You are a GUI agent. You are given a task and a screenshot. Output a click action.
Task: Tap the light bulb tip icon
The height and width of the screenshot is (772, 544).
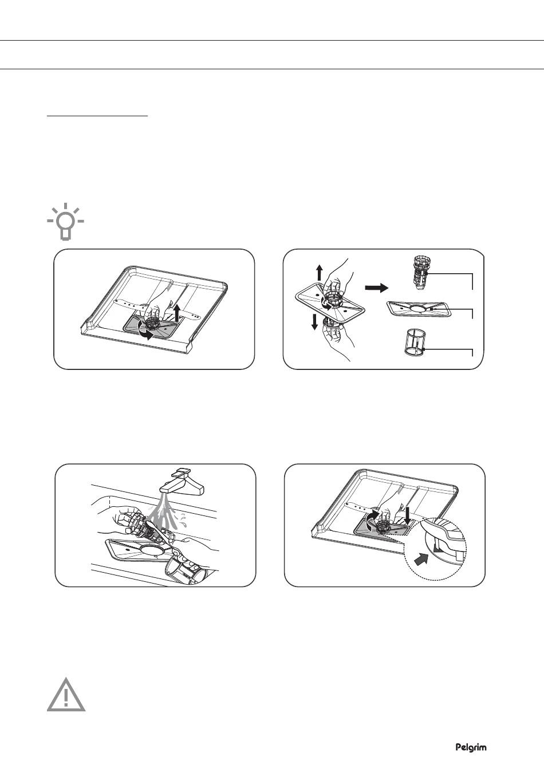coord(65,221)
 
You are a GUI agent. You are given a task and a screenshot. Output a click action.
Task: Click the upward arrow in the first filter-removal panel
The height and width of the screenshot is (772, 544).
coord(177,313)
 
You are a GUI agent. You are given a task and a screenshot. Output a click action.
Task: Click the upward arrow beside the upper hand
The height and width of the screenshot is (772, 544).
coord(320,272)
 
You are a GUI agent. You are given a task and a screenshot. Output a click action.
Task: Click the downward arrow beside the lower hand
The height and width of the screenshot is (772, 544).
coord(314,321)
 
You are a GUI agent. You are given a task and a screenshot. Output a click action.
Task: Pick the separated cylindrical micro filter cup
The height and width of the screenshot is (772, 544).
coord(415,342)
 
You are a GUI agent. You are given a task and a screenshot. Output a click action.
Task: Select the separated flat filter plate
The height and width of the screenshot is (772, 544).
coord(417,308)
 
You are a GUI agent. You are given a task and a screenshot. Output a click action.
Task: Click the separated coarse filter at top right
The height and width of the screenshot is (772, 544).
coord(420,274)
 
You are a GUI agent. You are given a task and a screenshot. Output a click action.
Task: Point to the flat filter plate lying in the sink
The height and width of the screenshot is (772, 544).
coord(140,550)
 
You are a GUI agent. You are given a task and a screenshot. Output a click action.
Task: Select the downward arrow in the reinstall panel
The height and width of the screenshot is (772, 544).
coord(408,516)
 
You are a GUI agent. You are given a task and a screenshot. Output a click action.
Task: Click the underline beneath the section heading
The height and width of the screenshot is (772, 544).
coord(97,116)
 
